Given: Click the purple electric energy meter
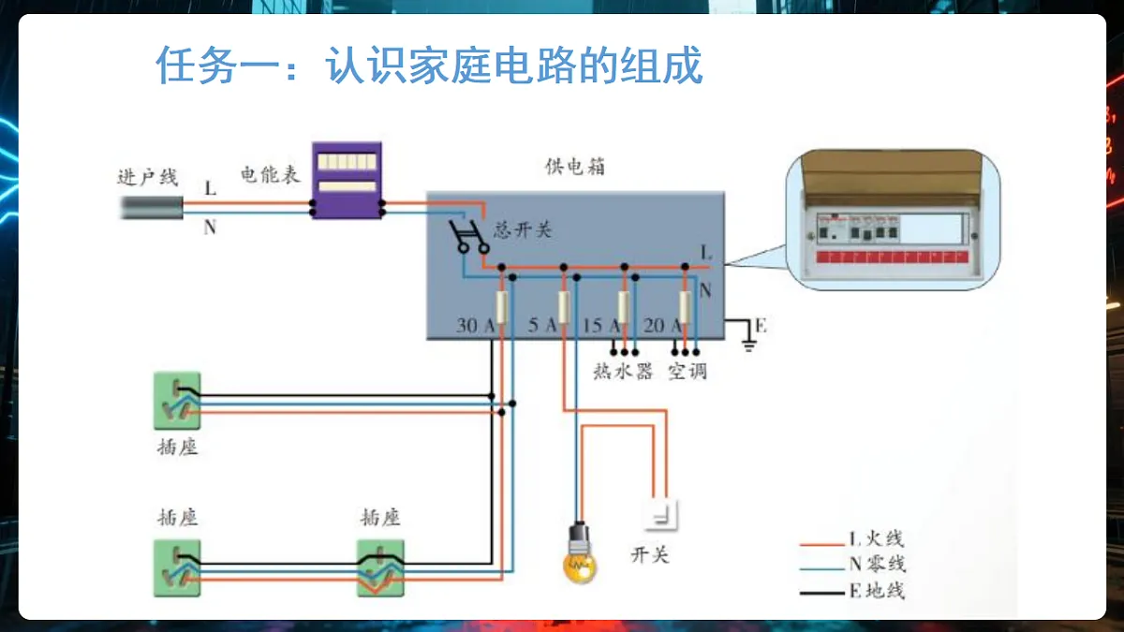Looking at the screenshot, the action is (347, 180).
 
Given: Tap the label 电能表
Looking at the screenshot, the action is (270, 174).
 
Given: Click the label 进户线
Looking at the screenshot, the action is (148, 177).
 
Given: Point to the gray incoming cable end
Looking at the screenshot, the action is (152, 208).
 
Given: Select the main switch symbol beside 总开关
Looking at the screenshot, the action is (468, 237).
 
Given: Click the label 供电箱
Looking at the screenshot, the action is (575, 167).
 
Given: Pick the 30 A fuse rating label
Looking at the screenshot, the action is (475, 326).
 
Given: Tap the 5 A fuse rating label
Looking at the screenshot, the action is (542, 325).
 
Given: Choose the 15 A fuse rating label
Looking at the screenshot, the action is (601, 326).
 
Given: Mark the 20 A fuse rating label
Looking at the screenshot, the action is (662, 326).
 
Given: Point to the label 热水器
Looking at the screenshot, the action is (623, 372).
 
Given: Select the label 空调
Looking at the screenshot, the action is (688, 372).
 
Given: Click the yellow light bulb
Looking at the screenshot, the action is (580, 553).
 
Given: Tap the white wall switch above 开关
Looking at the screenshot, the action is (661, 515).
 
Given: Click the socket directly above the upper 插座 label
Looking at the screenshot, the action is (177, 401).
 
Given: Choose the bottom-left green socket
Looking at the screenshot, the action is (177, 568).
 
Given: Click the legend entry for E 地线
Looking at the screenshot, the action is (852, 591).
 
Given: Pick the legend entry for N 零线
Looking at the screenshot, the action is (852, 565).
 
